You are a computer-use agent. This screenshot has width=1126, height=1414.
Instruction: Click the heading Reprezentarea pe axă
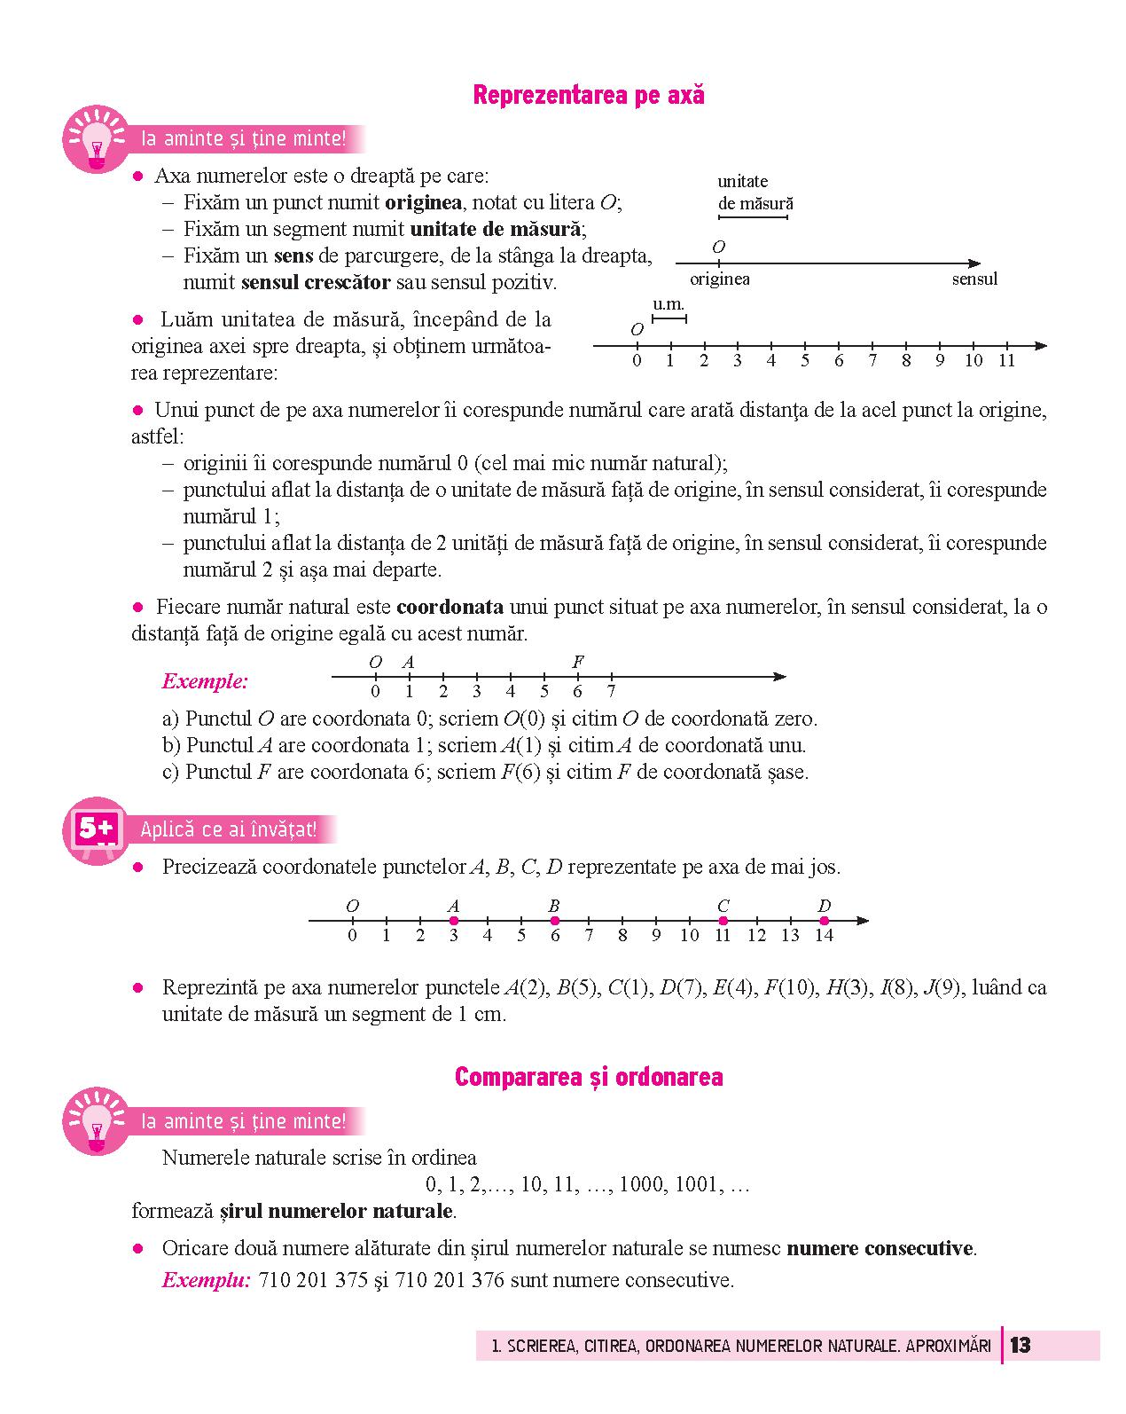589,96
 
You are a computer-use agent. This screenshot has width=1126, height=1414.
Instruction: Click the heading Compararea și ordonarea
589,1077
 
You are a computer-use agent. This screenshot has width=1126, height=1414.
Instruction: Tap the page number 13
1020,1345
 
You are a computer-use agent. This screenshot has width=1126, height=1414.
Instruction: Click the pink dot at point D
824,921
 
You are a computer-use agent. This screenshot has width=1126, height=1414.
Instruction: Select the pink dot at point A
454,921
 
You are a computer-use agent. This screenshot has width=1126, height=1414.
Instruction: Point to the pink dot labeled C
723,921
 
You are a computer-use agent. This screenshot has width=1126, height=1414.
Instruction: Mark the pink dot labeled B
555,921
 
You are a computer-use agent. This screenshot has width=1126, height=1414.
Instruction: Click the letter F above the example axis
578,662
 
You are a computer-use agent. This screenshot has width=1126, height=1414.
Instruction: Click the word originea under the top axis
720,279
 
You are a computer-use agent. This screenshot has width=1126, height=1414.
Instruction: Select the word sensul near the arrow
974,279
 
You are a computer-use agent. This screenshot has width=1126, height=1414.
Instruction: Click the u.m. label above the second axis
669,304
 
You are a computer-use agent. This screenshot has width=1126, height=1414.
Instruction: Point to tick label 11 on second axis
1006,361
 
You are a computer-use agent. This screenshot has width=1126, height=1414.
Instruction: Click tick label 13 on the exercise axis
790,935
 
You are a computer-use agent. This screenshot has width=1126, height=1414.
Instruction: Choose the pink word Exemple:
205,681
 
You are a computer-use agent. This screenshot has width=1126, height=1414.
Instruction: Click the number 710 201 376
443,1280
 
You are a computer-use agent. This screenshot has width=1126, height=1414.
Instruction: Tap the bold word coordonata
450,608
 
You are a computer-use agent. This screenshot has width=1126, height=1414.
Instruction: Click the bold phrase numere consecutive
880,1248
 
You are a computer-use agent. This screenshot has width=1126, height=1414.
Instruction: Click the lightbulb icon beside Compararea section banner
96,1123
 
